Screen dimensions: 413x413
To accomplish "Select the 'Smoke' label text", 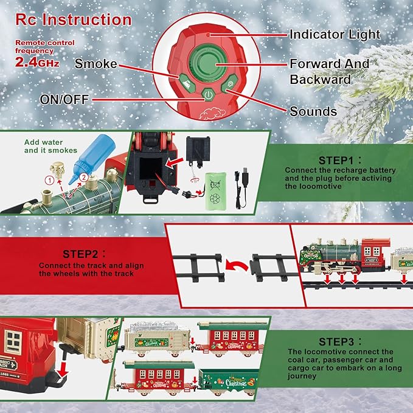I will [x=95, y=63].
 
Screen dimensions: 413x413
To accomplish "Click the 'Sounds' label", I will [x=313, y=111].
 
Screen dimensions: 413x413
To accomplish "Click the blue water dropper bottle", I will [x=94, y=161].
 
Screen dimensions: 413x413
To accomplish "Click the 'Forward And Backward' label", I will [x=328, y=71].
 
